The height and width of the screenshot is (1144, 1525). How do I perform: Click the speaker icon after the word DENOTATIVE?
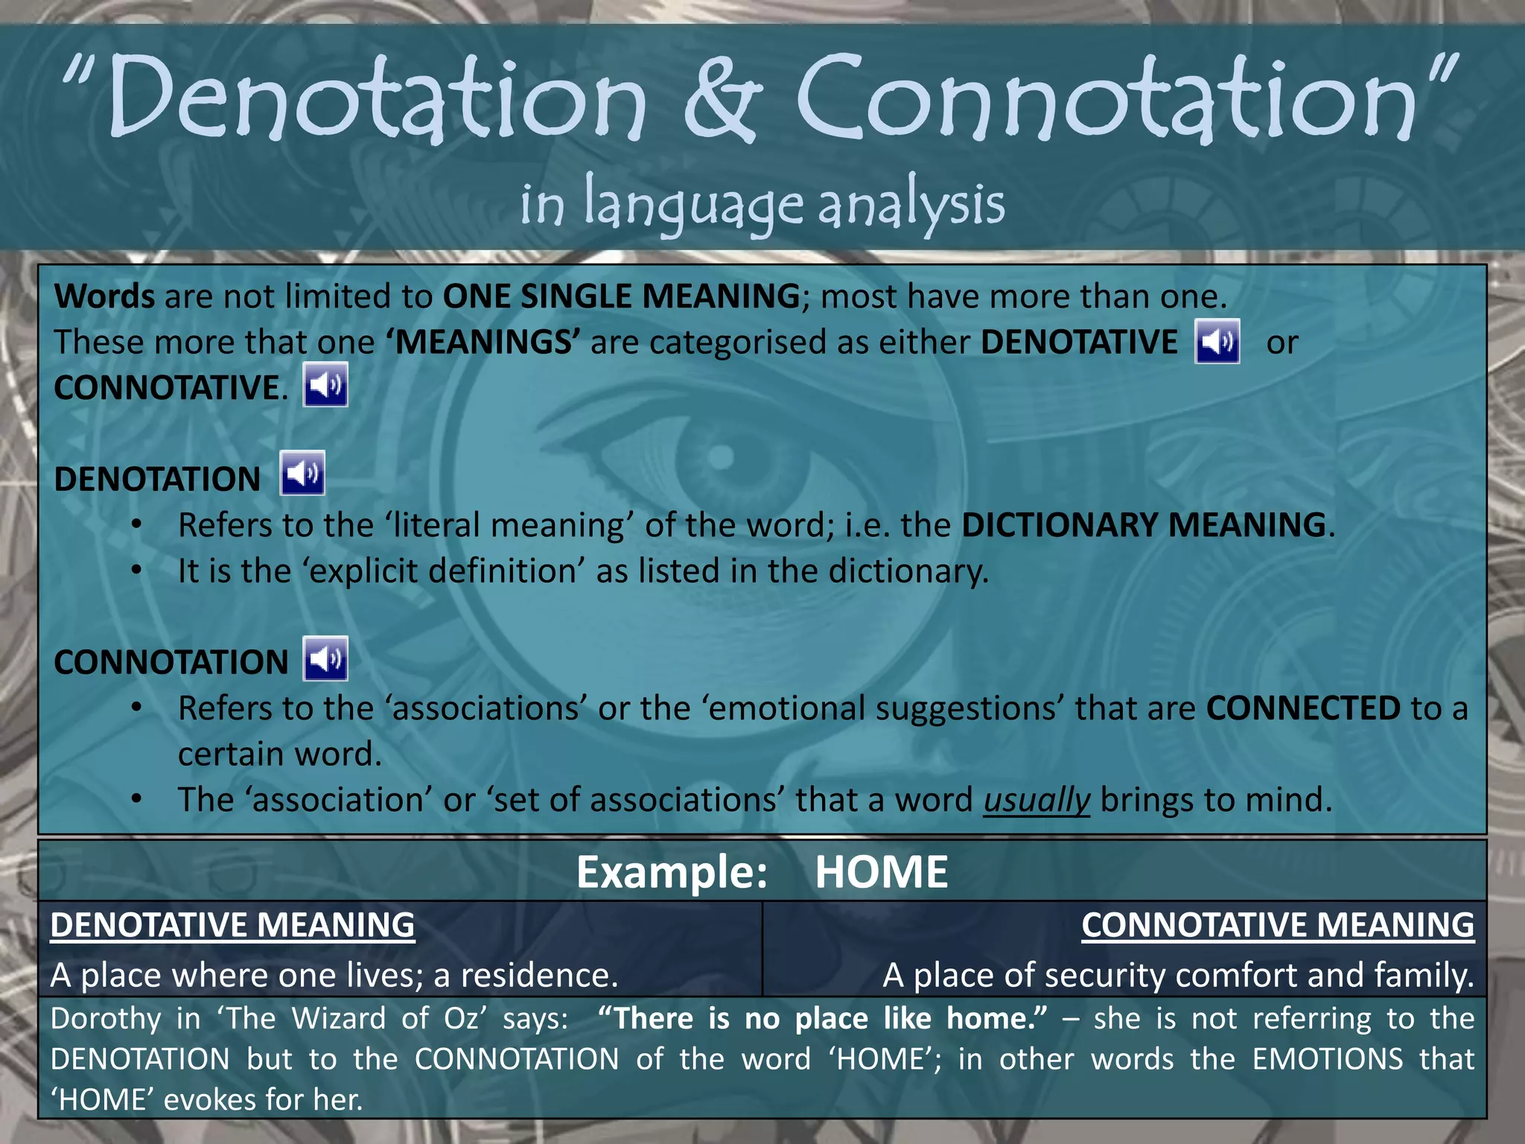click(1217, 342)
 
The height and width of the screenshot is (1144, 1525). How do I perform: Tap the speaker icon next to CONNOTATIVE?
click(325, 385)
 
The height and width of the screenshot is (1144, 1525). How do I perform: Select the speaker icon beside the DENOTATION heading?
click(302, 473)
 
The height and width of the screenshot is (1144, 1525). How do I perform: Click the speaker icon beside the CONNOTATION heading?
click(325, 659)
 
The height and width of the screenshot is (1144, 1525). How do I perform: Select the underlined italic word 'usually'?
click(1037, 800)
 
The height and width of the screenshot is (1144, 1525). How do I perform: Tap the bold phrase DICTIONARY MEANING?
click(1144, 525)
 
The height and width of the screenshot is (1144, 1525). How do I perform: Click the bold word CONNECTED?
click(1303, 708)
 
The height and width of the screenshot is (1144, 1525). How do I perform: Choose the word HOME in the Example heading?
click(881, 872)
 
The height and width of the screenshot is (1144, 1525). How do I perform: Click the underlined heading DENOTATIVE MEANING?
click(232, 925)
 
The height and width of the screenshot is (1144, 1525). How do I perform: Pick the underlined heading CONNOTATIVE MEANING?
click(1277, 925)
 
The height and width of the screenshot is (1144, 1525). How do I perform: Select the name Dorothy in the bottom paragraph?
click(105, 1019)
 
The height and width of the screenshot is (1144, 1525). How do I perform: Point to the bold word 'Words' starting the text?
click(104, 296)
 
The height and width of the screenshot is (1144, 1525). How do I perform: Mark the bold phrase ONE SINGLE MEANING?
click(621, 296)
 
